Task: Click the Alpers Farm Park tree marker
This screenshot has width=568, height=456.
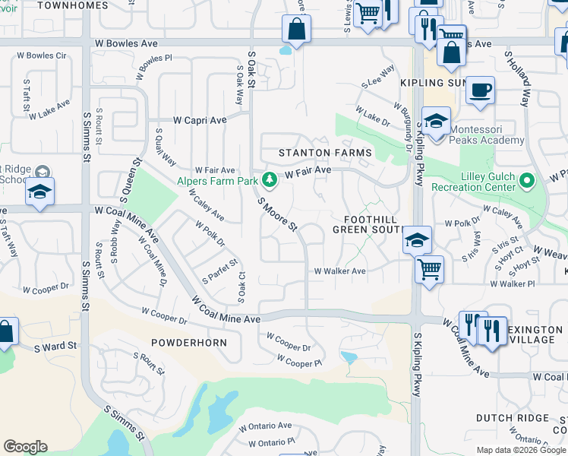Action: pyautogui.click(x=268, y=180)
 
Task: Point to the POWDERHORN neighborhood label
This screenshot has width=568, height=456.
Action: pyautogui.click(x=189, y=342)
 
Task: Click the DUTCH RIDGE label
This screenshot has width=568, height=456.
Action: pyautogui.click(x=513, y=418)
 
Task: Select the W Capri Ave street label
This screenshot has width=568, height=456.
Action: pyautogui.click(x=200, y=120)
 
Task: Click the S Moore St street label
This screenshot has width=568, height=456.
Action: pyautogui.click(x=277, y=214)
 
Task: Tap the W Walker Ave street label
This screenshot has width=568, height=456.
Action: pyautogui.click(x=340, y=271)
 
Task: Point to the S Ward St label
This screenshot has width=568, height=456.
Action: pyautogui.click(x=55, y=346)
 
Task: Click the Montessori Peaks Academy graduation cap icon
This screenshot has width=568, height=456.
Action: pyautogui.click(x=437, y=122)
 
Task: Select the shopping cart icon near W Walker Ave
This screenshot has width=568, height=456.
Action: pyautogui.click(x=430, y=269)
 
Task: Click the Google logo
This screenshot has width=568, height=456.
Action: pyautogui.click(x=25, y=447)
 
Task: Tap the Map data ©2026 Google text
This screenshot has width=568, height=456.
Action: pyautogui.click(x=520, y=450)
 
